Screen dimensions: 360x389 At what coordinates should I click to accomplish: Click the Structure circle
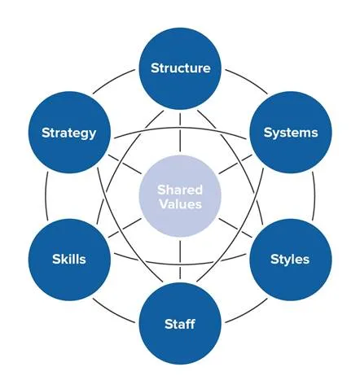(180, 68)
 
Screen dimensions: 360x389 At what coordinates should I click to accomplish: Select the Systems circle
(291, 132)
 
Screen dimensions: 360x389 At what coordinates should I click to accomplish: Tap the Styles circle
(291, 260)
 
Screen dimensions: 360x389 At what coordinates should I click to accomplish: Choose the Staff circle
(180, 323)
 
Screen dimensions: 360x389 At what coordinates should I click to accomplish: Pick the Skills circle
(69, 260)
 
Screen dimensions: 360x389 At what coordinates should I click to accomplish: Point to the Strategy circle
(69, 132)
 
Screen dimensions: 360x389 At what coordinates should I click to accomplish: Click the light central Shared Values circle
(180, 196)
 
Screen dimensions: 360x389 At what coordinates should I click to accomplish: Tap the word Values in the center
(181, 204)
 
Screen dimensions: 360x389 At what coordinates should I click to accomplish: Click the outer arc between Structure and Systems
(248, 80)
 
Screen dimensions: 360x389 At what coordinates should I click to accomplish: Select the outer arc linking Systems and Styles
(314, 196)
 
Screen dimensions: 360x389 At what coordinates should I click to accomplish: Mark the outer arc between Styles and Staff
(248, 313)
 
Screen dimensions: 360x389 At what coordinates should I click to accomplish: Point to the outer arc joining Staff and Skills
(112, 313)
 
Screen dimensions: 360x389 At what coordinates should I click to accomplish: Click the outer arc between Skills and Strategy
(46, 196)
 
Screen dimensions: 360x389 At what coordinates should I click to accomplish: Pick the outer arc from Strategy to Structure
(112, 80)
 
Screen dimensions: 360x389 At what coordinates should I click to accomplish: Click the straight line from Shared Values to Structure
(180, 132)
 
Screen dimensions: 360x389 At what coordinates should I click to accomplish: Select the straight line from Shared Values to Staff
(180, 260)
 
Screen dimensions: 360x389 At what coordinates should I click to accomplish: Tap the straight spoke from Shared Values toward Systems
(235, 164)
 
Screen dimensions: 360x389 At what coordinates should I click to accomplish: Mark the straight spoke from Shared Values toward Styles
(235, 228)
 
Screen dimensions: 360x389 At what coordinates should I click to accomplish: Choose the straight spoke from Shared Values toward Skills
(125, 228)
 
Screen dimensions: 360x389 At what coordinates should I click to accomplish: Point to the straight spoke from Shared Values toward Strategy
(125, 164)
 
